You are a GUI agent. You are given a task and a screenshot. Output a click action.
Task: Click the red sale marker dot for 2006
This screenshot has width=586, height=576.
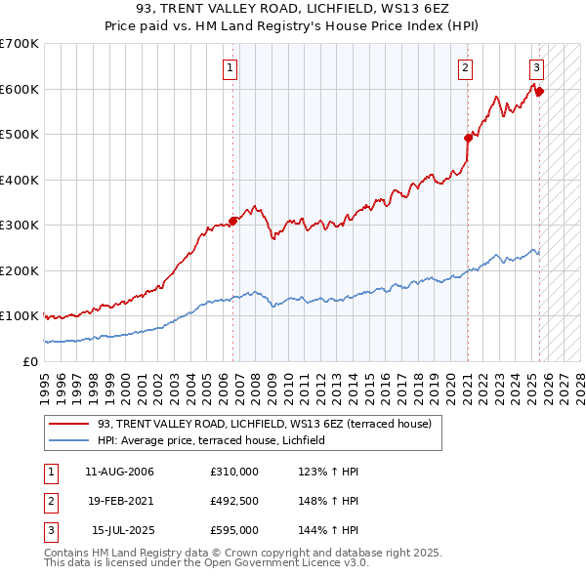point(232,221)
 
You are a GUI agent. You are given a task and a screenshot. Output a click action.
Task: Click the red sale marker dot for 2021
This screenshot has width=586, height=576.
point(468,138)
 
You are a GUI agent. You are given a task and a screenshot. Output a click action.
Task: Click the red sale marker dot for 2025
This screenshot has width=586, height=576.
point(539,92)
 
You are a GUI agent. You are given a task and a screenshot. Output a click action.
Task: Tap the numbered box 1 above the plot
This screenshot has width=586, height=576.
point(229,68)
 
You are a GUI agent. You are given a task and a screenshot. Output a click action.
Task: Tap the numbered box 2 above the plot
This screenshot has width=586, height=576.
point(465,68)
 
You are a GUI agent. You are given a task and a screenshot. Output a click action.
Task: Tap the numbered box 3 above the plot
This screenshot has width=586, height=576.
point(536,68)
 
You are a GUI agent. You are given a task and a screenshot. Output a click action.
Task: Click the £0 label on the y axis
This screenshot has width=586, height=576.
point(29,361)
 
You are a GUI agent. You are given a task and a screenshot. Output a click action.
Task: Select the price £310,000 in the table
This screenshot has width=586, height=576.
point(234,472)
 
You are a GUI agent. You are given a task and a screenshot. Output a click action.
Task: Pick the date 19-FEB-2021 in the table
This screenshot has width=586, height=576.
point(120,502)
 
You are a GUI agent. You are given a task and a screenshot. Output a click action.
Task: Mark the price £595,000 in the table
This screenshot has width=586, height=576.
point(234,531)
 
